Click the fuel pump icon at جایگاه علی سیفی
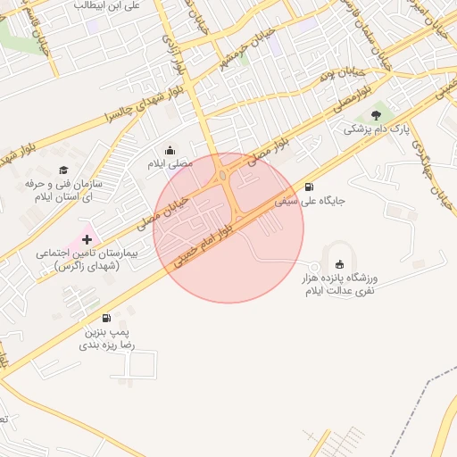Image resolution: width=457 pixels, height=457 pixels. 309,187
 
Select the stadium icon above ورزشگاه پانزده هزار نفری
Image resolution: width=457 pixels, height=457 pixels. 338,264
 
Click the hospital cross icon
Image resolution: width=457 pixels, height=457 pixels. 87,239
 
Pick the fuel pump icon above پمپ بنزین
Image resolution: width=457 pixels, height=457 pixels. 107,318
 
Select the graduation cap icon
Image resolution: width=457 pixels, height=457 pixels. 62,170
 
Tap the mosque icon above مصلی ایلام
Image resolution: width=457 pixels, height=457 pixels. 170,150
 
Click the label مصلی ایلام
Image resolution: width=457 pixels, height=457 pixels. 170,164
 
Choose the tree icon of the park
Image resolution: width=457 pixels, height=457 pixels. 375,114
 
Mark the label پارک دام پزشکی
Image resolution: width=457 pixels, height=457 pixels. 377,129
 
